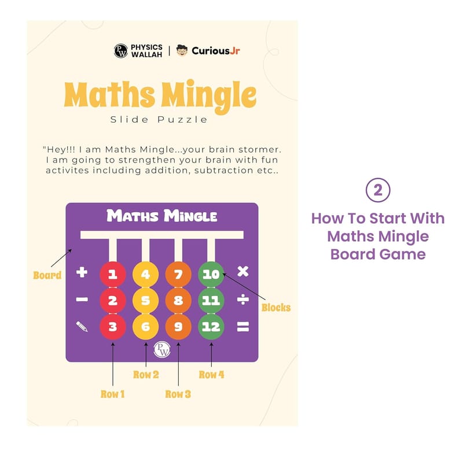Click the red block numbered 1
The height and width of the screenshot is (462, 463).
click(113, 275)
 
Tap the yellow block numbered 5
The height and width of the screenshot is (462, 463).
click(146, 300)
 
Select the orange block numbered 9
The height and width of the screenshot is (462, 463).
click(178, 327)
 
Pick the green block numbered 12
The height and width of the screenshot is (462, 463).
click(211, 327)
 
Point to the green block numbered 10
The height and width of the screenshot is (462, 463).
click(211, 275)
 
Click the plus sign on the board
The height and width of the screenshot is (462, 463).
click(82, 272)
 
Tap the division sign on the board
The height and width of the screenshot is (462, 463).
click(243, 300)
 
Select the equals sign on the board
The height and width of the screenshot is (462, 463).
click(243, 327)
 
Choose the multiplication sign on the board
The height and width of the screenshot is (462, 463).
click(243, 271)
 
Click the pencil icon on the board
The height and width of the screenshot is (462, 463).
click(82, 327)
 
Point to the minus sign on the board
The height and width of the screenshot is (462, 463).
click(82, 300)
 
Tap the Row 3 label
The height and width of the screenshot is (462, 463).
click(178, 394)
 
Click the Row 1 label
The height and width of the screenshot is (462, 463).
click(112, 394)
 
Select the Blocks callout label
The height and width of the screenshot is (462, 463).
click(276, 308)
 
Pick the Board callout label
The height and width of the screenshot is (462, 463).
click(47, 275)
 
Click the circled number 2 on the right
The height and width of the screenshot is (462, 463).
click(378, 190)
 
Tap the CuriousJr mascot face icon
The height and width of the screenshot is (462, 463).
click(182, 50)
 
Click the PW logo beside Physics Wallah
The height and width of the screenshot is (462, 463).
click(121, 51)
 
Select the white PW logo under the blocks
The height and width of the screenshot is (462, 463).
click(162, 350)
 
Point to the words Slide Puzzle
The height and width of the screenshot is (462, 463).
click(159, 120)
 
